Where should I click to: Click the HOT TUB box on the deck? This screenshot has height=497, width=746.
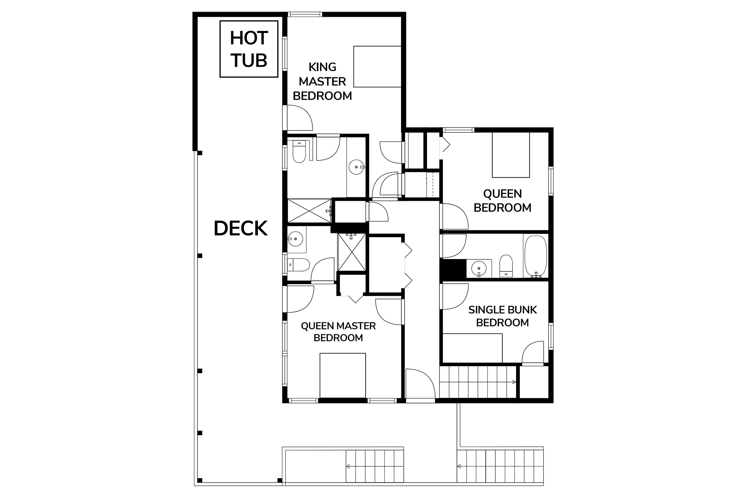pyautogui.click(x=249, y=49)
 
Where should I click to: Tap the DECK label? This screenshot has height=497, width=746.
pyautogui.click(x=241, y=228)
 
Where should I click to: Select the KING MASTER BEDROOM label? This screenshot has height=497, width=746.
pyautogui.click(x=322, y=82)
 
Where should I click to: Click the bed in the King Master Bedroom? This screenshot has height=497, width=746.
pyautogui.click(x=377, y=66)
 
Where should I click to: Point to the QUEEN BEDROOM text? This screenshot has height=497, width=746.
pyautogui.click(x=502, y=200)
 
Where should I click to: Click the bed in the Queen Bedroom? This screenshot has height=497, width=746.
pyautogui.click(x=511, y=155)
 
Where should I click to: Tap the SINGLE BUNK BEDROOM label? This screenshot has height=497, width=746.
pyautogui.click(x=502, y=316)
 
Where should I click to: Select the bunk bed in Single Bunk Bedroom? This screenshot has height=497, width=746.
pyautogui.click(x=472, y=348)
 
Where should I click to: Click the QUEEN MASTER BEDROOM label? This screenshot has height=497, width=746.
pyautogui.click(x=338, y=332)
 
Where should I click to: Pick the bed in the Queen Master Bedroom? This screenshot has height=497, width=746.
pyautogui.click(x=343, y=375)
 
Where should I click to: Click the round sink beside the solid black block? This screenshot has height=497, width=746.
pyautogui.click(x=479, y=268)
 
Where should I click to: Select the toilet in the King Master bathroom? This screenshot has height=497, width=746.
pyautogui.click(x=300, y=152)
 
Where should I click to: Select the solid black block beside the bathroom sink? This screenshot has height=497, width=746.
pyautogui.click(x=453, y=269)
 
